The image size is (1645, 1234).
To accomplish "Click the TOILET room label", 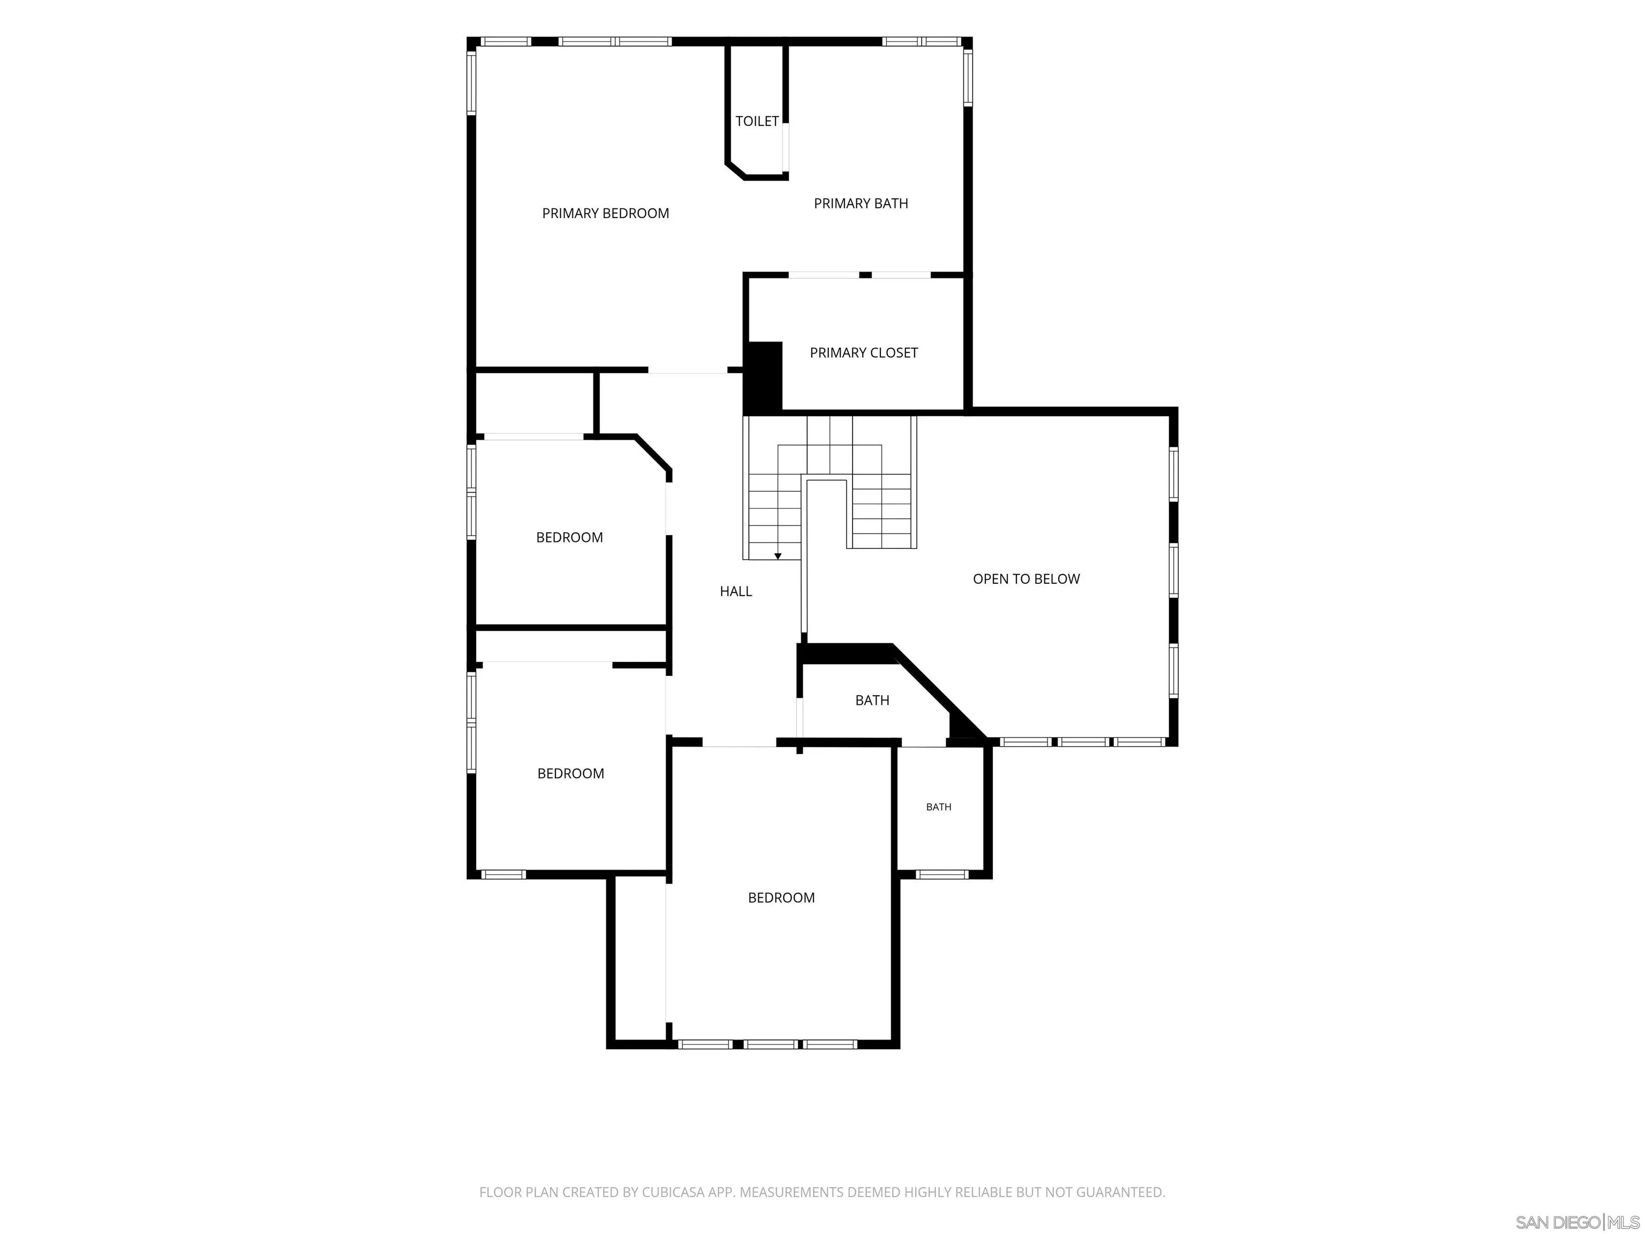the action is pyautogui.click(x=757, y=121).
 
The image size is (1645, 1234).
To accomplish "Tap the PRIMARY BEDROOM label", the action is pyautogui.click(x=605, y=214).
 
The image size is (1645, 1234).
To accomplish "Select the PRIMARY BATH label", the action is pyautogui.click(x=861, y=204).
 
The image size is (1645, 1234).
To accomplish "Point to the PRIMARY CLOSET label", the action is pyautogui.click(x=863, y=352).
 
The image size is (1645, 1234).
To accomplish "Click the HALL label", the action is pyautogui.click(x=736, y=591).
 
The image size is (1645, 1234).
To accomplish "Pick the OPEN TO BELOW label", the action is pyautogui.click(x=1027, y=578).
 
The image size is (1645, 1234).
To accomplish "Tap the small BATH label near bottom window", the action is pyautogui.click(x=939, y=807).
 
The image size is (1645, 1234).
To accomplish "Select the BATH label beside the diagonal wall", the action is pyautogui.click(x=872, y=700).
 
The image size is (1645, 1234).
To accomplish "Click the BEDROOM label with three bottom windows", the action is pyautogui.click(x=781, y=898).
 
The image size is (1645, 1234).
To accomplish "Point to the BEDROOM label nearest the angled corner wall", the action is pyautogui.click(x=569, y=538).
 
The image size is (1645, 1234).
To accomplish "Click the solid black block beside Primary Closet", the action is pyautogui.click(x=764, y=378).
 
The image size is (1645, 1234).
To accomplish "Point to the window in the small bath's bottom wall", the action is pyautogui.click(x=941, y=875).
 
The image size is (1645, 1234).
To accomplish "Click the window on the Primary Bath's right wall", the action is pyautogui.click(x=968, y=77).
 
